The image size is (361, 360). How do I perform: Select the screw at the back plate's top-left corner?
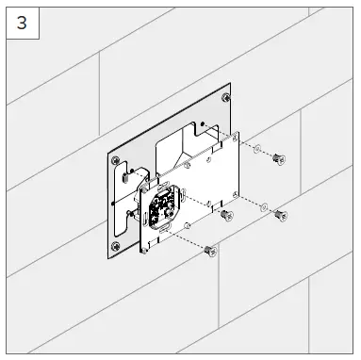(115, 161)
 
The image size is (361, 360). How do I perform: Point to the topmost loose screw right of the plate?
(274, 160)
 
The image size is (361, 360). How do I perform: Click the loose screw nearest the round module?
(225, 216)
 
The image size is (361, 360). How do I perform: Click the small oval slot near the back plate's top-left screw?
(126, 174)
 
